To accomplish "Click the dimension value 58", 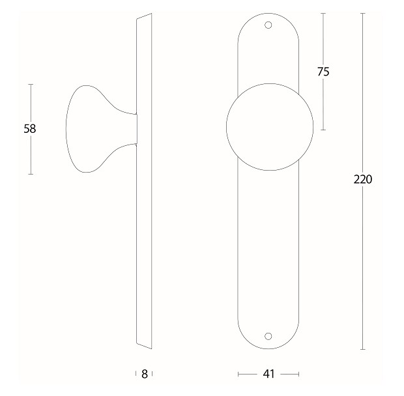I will pos(29,129).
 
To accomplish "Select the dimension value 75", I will pos(323,72).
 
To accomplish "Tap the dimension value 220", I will pos(362,180).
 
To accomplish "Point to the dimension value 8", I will pos(144,374).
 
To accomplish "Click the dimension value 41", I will pos(268,374).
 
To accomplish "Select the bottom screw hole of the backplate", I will pos(268,336).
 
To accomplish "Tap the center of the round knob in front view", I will pos(269,126).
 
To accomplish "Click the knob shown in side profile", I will pos(91,128).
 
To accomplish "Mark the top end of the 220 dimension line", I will pos(362,14).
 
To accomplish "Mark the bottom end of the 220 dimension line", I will pos(362,349).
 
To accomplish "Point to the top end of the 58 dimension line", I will pos(30,84).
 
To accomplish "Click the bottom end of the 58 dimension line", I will pos(30,174).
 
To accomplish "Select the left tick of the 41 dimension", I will pos(239,374).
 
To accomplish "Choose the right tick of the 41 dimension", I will pos(298,374).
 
